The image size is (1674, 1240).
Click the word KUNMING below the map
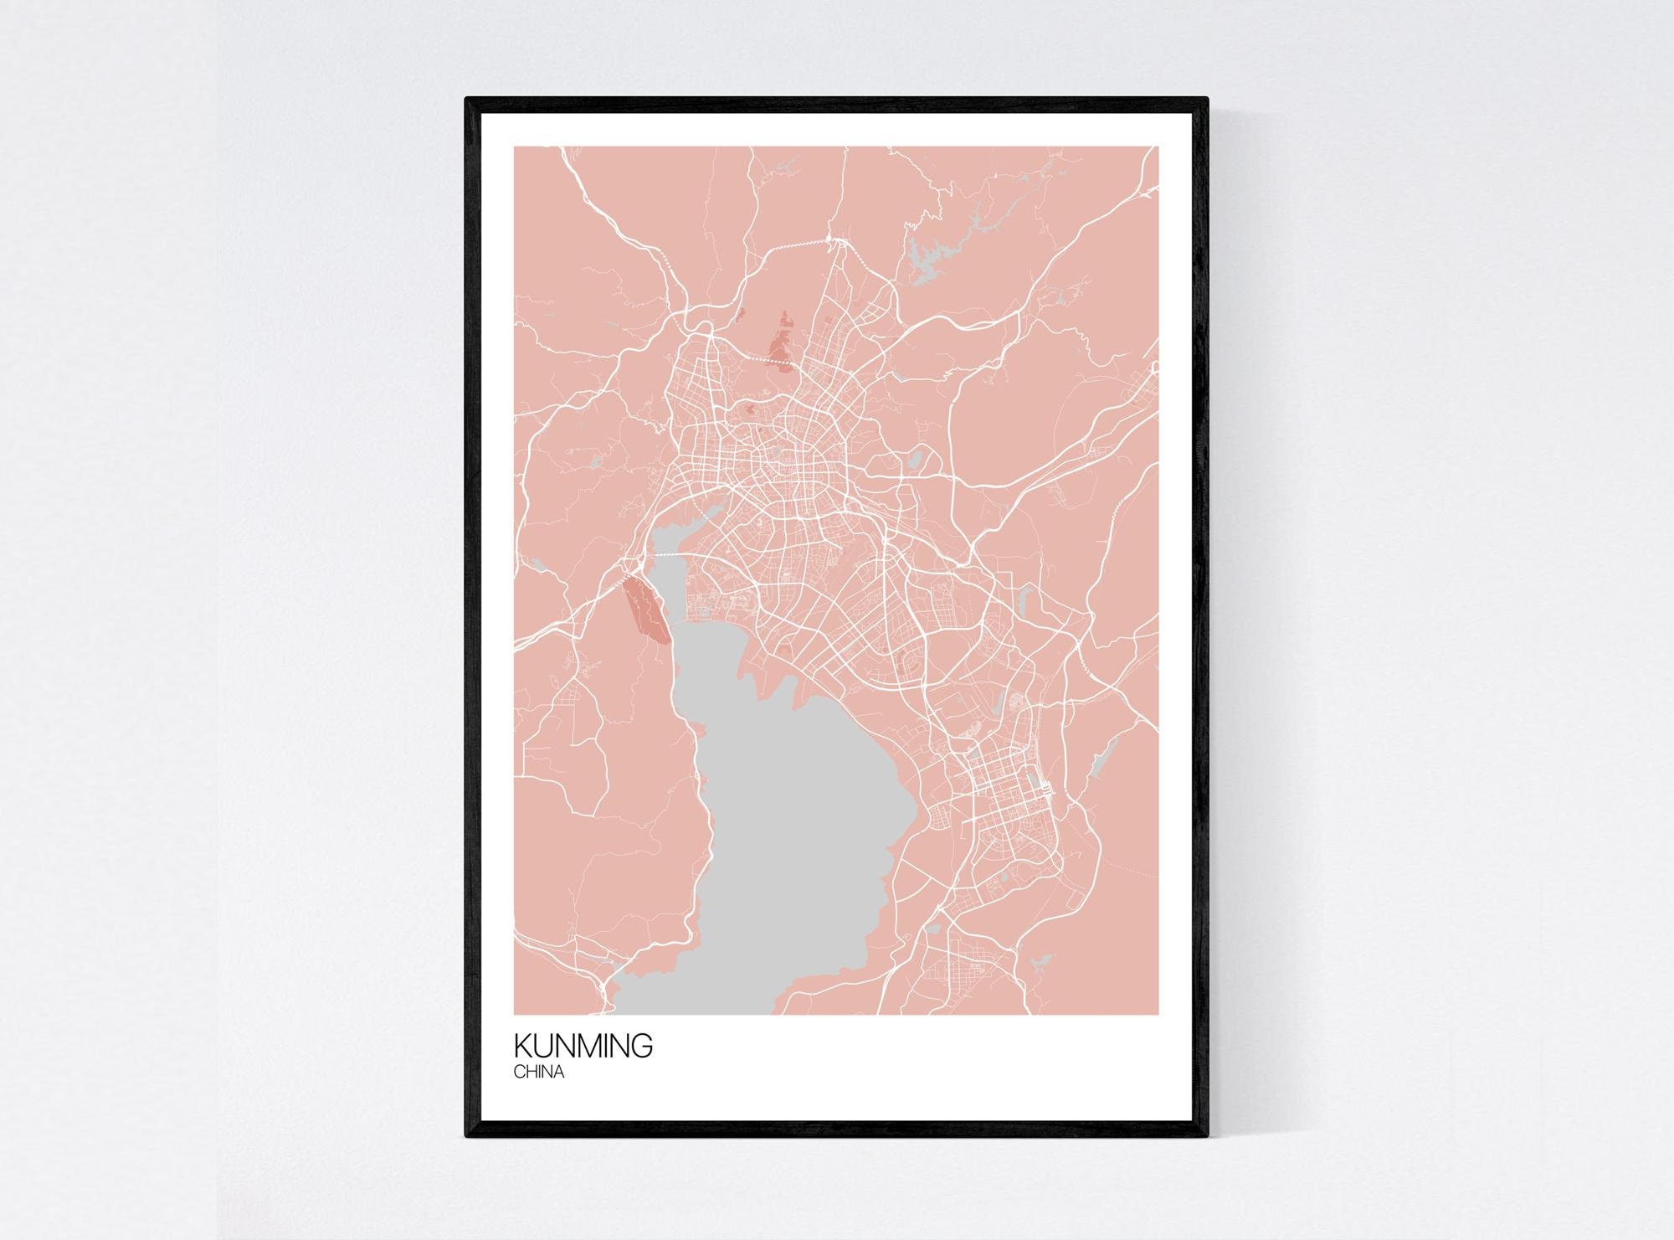click(x=583, y=1047)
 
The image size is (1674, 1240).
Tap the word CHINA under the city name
click(x=538, y=1073)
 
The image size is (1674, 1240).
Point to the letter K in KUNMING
click(x=522, y=1047)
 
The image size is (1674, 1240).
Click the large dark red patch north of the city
click(x=781, y=344)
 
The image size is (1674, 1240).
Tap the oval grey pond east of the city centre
click(x=915, y=459)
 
